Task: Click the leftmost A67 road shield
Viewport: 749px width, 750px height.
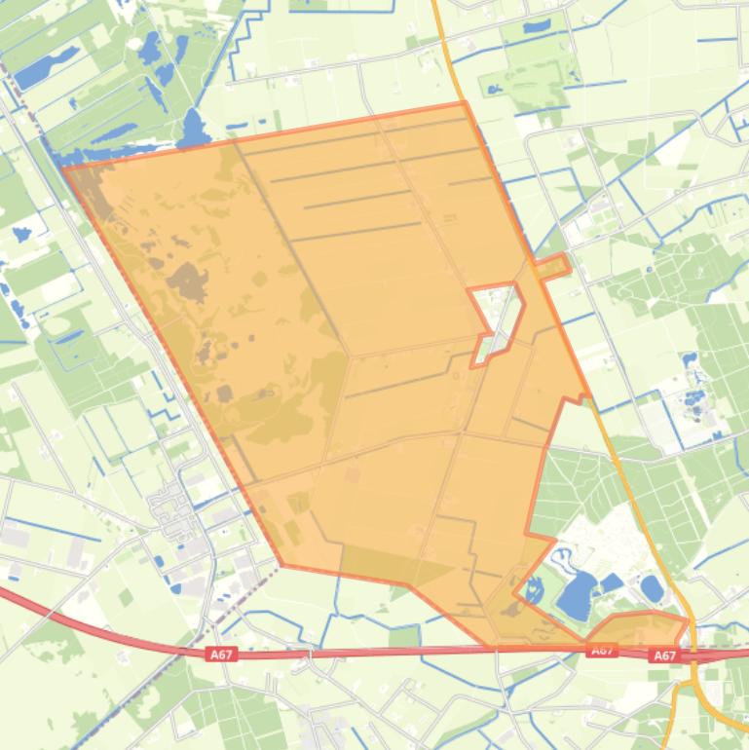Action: tap(221, 656)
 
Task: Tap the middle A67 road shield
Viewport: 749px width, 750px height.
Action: tap(601, 650)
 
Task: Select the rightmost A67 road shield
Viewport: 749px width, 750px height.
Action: tap(665, 656)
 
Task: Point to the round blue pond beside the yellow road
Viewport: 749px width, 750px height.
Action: tap(652, 588)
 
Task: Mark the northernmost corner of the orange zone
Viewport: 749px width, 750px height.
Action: tap(464, 102)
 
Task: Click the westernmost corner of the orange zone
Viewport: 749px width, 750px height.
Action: tap(64, 169)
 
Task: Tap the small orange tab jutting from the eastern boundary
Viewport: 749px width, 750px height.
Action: tap(553, 266)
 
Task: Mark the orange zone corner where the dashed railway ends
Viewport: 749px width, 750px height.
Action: tap(281, 564)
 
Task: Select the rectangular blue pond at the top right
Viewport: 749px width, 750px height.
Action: tap(537, 27)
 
